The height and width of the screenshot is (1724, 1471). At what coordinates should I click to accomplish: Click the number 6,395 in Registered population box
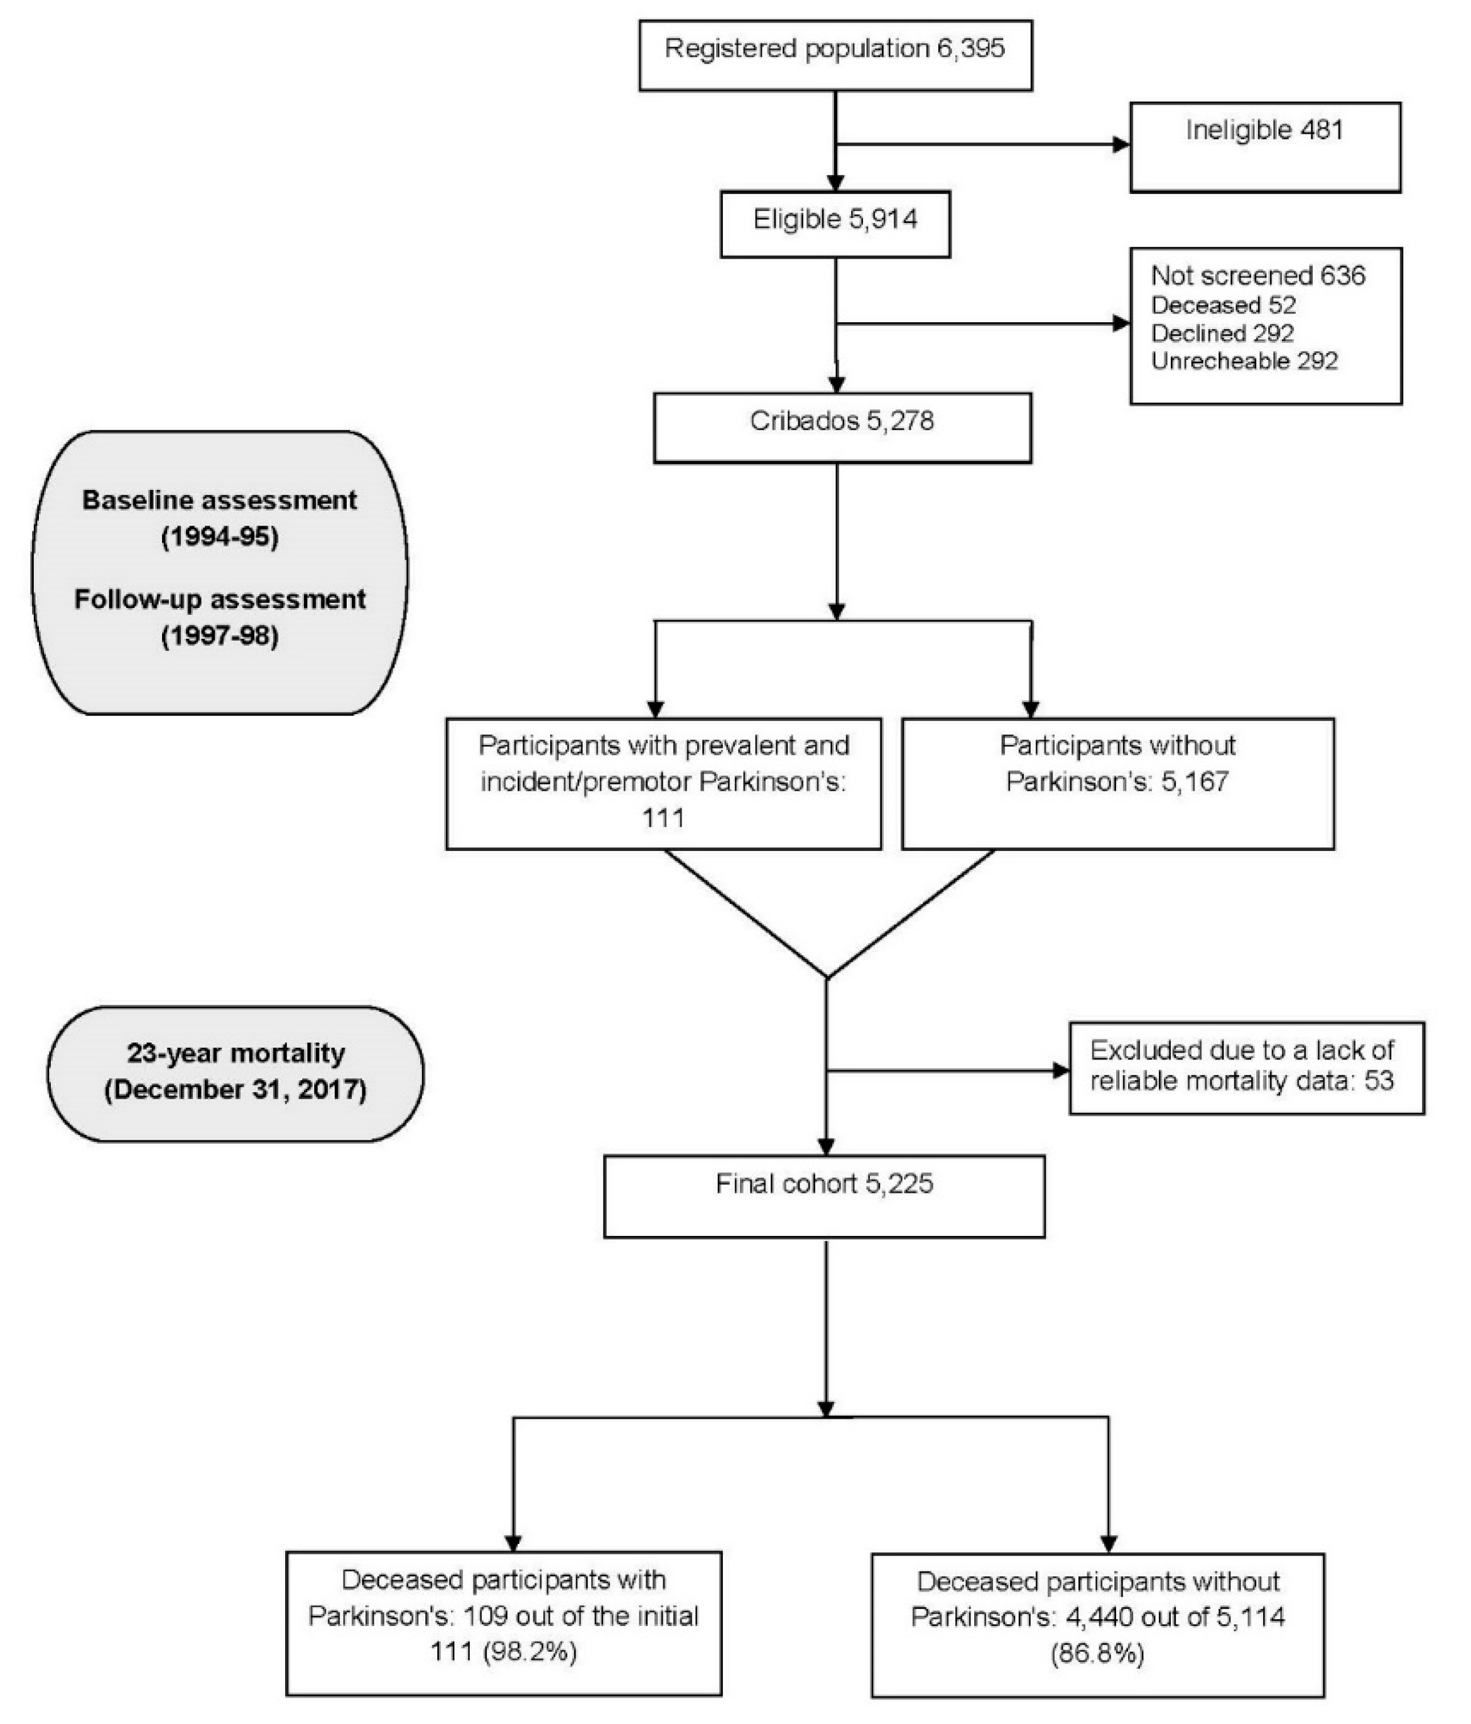(970, 48)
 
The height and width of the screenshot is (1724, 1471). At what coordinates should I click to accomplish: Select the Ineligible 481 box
(1264, 147)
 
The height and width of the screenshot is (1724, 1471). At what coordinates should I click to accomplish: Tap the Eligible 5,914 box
(835, 225)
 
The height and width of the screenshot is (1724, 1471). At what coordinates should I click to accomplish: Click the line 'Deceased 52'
(1223, 305)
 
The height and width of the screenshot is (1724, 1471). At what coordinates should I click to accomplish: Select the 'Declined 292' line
(1222, 333)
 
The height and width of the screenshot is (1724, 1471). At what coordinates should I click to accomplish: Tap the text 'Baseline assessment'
(220, 500)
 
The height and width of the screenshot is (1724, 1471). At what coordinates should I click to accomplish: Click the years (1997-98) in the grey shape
(220, 636)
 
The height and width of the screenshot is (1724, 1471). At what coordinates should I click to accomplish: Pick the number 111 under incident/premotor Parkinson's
(663, 818)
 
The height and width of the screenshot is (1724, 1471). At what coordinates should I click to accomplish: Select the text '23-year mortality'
(236, 1053)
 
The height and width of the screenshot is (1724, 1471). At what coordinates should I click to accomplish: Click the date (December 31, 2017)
(236, 1089)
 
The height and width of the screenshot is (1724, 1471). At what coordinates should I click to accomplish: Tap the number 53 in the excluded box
(1379, 1081)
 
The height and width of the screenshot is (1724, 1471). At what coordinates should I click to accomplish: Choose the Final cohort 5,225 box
(823, 1196)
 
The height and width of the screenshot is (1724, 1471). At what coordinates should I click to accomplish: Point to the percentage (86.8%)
(1097, 1653)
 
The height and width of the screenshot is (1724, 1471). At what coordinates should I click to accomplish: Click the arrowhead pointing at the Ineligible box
(1121, 145)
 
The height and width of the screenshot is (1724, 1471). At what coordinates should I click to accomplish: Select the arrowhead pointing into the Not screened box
(1121, 323)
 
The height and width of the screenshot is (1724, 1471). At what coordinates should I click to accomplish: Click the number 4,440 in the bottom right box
(1100, 1617)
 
